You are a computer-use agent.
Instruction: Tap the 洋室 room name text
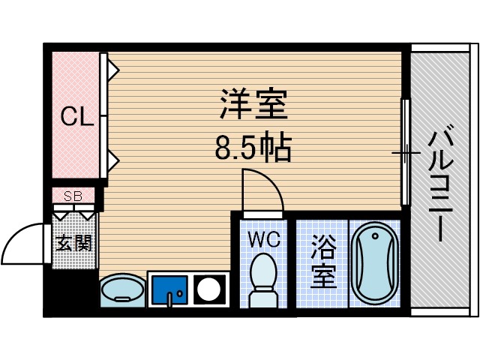253,106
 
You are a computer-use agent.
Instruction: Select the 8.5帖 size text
253,149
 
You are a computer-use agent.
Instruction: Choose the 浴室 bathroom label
323,262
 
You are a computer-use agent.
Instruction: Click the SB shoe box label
73,196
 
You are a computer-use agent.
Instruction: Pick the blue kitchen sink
169,289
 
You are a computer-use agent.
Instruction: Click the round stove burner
210,289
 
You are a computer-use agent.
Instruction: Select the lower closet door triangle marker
112,159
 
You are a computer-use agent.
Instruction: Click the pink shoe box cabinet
73,197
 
